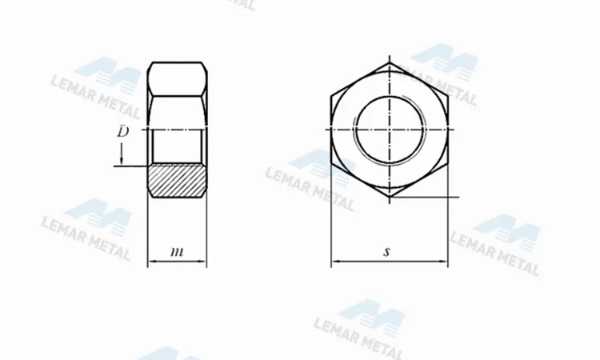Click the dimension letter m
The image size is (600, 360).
178,252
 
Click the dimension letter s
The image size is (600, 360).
386,251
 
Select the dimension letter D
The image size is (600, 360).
122,131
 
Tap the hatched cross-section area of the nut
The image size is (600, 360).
178,180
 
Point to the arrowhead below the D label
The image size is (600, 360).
121,160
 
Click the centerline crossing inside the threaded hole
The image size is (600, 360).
390,129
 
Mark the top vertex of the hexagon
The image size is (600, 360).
390,62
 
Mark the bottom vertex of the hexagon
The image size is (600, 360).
390,197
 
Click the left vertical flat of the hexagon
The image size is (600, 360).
331,129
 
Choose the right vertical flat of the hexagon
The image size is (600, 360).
448,129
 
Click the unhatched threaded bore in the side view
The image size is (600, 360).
178,146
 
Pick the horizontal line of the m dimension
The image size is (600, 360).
178,262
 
